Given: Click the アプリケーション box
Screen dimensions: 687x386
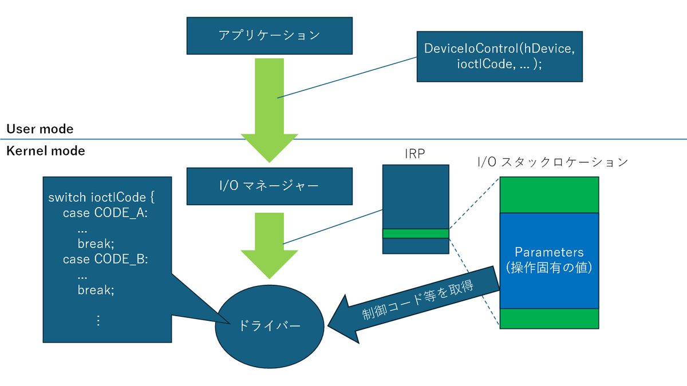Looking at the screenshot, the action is click(269, 36).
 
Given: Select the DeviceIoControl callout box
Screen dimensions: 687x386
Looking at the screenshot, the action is click(500, 57).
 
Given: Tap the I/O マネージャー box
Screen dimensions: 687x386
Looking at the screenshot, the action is click(269, 186).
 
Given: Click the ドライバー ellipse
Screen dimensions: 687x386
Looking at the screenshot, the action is click(270, 327).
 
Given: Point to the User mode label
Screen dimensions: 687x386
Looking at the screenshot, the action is click(40, 129).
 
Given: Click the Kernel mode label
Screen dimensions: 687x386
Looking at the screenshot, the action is click(46, 151).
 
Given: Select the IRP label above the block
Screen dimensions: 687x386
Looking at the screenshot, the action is click(414, 154).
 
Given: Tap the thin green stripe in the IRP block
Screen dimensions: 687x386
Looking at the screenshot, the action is click(416, 233).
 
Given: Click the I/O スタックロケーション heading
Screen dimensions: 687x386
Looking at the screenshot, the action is click(552, 162).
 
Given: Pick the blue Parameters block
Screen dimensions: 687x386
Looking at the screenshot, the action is click(549, 260).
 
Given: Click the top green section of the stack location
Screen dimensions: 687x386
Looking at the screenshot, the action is click(549, 195).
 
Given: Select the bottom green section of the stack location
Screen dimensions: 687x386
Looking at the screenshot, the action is click(549, 319).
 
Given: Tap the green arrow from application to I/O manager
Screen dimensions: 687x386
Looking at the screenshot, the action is click(269, 110).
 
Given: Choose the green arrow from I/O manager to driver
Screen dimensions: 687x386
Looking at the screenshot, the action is click(269, 246).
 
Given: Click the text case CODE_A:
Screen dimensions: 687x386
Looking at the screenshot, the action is click(105, 213).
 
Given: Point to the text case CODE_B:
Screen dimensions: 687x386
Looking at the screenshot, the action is click(105, 259).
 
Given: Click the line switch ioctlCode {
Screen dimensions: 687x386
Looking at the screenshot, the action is click(101, 197).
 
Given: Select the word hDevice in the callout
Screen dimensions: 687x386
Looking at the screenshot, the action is click(549, 49).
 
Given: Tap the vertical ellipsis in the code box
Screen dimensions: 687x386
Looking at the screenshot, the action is click(98, 320).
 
